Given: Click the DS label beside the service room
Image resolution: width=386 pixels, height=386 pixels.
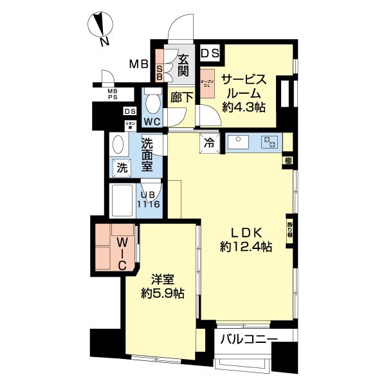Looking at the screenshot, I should pos(210,53).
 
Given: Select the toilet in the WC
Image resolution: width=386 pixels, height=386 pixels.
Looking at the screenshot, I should pos(152,102).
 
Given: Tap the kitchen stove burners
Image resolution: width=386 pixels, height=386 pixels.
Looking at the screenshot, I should pos(269,142).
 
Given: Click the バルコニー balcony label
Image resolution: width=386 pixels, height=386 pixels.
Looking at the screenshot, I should pos(249,340).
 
